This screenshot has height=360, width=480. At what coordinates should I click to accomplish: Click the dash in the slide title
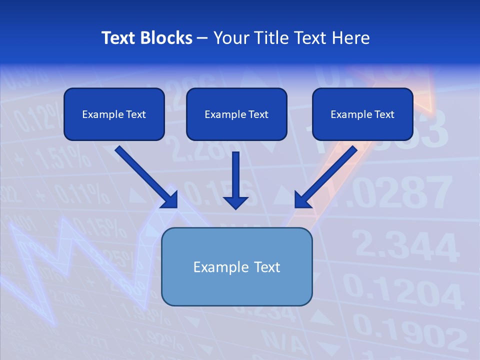203,38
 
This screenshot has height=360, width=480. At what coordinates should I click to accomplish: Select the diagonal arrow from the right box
325,177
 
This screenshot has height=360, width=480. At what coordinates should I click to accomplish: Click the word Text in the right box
384,114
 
